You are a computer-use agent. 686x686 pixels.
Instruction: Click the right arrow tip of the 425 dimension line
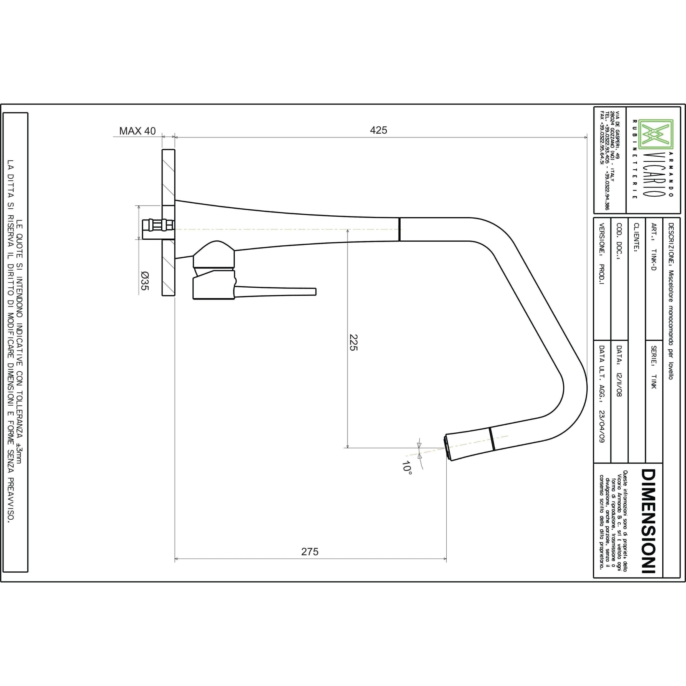[587, 137]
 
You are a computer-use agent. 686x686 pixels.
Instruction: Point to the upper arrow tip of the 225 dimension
[348, 229]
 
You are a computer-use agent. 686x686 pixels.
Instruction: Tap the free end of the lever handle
[316, 292]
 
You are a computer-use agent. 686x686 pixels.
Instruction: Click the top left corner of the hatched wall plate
[162, 149]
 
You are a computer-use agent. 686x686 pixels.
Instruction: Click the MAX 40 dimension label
[137, 131]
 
